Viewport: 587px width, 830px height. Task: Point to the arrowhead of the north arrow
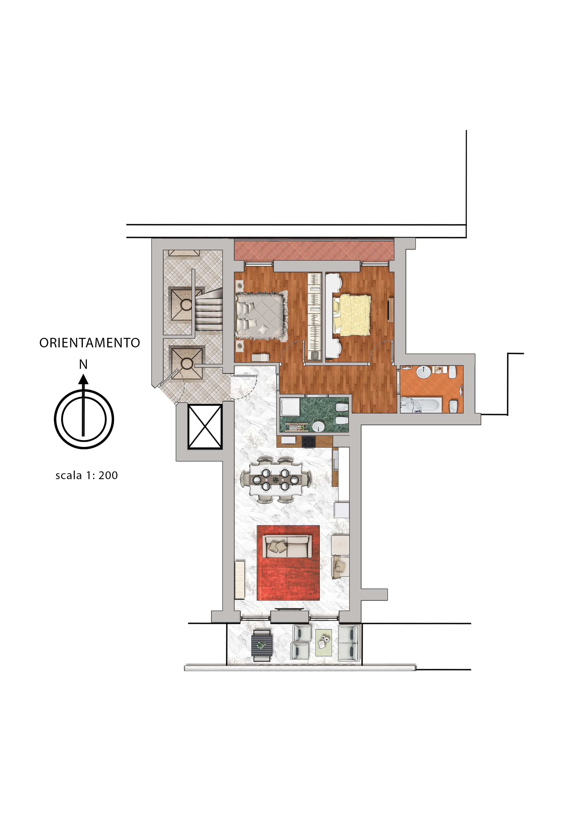tap(84, 379)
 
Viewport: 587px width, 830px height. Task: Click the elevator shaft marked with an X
tap(205, 427)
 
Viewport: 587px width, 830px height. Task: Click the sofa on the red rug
tap(288, 546)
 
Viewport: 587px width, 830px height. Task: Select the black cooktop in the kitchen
tap(308, 441)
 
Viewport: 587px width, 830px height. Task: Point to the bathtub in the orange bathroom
tap(421, 405)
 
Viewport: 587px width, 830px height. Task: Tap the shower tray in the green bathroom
tap(290, 407)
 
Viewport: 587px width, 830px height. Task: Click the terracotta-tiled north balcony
tap(314, 250)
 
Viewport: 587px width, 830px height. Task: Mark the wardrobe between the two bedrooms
tap(314, 317)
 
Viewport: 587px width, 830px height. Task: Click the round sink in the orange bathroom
tap(423, 372)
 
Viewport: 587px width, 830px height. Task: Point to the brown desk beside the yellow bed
tap(390, 309)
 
